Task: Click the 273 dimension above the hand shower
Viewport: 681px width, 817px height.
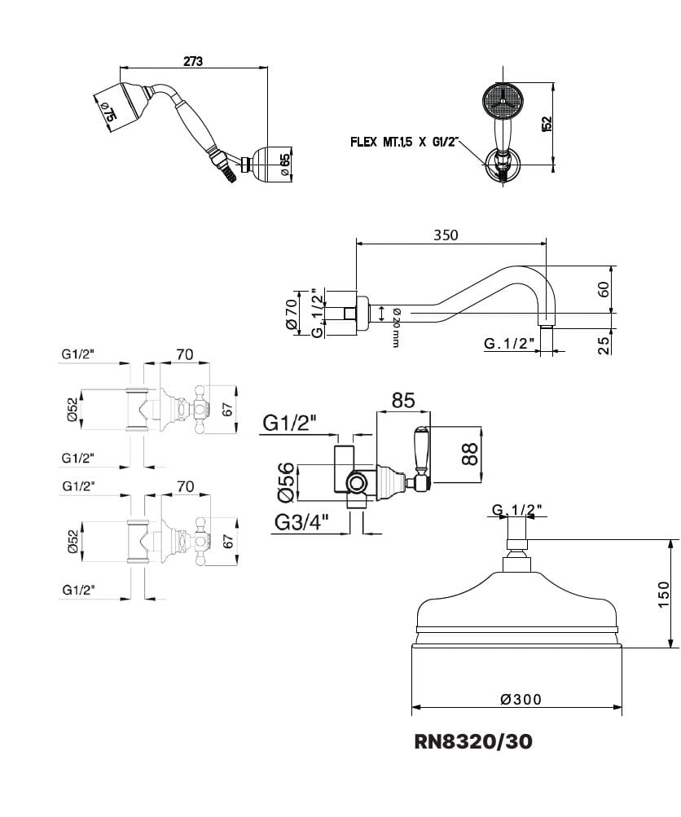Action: pos(192,60)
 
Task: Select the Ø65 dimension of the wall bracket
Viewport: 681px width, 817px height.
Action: pos(284,162)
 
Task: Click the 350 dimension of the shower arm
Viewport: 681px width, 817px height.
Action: pos(446,235)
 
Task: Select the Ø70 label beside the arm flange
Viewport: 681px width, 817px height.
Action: pos(290,313)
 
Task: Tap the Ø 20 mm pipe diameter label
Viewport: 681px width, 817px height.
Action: pos(394,327)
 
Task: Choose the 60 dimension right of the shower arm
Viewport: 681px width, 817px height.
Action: pos(604,288)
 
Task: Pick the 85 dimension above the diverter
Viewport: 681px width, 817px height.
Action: pos(403,400)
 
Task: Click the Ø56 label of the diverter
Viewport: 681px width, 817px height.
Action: pos(283,481)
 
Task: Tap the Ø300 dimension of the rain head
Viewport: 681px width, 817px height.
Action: pos(521,699)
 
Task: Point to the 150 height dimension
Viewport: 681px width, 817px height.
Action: pos(663,594)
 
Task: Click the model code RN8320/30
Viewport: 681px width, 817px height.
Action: pos(474,741)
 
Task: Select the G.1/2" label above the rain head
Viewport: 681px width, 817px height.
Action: pos(517,511)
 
